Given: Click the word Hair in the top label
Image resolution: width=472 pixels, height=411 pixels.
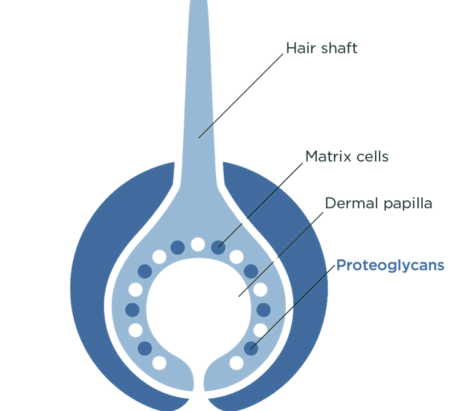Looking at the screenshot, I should (x=299, y=49).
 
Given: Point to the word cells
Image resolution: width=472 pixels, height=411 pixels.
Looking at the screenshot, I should (x=372, y=157).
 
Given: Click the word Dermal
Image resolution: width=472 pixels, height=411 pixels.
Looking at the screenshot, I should (x=347, y=203).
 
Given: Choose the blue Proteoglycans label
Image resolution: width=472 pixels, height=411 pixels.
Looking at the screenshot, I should (x=390, y=266).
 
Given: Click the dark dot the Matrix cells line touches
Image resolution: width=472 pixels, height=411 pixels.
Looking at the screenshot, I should (x=218, y=247).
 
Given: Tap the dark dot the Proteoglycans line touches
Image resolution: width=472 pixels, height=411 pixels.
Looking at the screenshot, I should (x=251, y=348).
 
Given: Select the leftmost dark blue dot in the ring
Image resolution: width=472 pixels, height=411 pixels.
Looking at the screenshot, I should (x=132, y=309).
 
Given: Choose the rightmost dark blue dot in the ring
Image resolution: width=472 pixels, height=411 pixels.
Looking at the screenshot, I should (x=263, y=309).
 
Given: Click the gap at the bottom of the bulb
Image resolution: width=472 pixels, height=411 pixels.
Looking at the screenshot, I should (x=198, y=384).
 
